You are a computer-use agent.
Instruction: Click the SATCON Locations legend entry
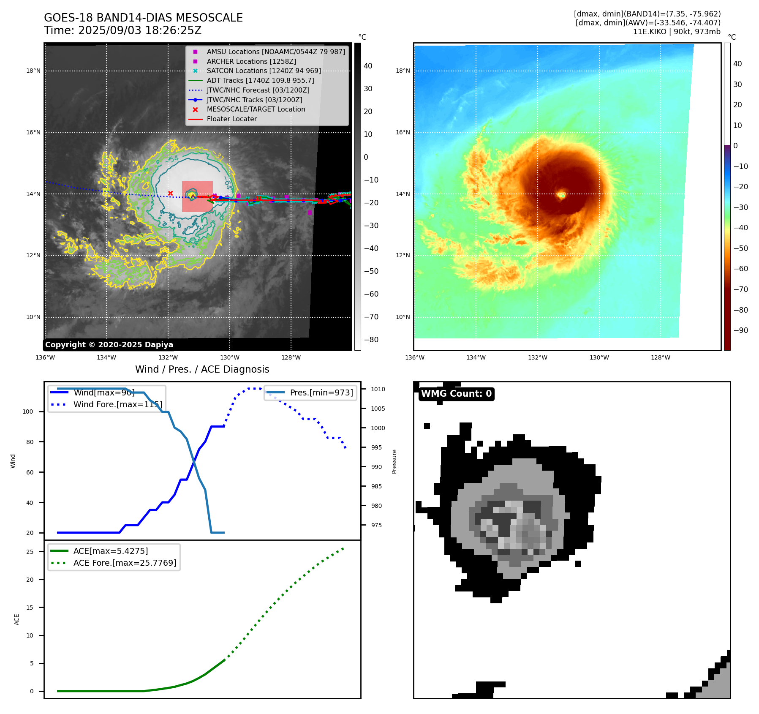click(264, 71)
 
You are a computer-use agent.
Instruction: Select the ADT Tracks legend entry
click(260, 80)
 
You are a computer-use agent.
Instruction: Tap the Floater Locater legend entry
click(231, 119)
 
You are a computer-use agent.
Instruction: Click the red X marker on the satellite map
click(170, 193)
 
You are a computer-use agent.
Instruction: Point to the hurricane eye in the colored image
click(561, 195)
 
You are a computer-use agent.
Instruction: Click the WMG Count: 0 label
click(456, 394)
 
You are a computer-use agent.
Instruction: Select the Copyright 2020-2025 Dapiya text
click(109, 345)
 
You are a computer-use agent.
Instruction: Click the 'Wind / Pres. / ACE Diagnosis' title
click(202, 369)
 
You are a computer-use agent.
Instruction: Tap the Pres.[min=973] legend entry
click(321, 392)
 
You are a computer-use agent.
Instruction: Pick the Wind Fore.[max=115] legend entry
click(117, 404)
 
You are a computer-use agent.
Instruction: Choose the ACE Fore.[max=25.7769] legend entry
click(125, 563)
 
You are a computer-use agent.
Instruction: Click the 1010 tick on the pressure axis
click(378, 389)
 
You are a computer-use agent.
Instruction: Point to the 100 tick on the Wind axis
click(28, 412)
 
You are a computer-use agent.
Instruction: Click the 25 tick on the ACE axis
click(30, 552)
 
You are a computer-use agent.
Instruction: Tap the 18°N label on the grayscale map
click(33, 71)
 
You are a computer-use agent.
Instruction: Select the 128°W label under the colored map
click(660, 358)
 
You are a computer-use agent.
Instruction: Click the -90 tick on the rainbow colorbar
click(740, 330)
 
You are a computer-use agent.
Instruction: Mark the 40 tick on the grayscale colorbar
click(368, 66)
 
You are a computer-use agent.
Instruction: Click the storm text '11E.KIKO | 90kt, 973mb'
click(677, 32)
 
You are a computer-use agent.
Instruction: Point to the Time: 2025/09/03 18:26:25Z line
click(122, 31)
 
